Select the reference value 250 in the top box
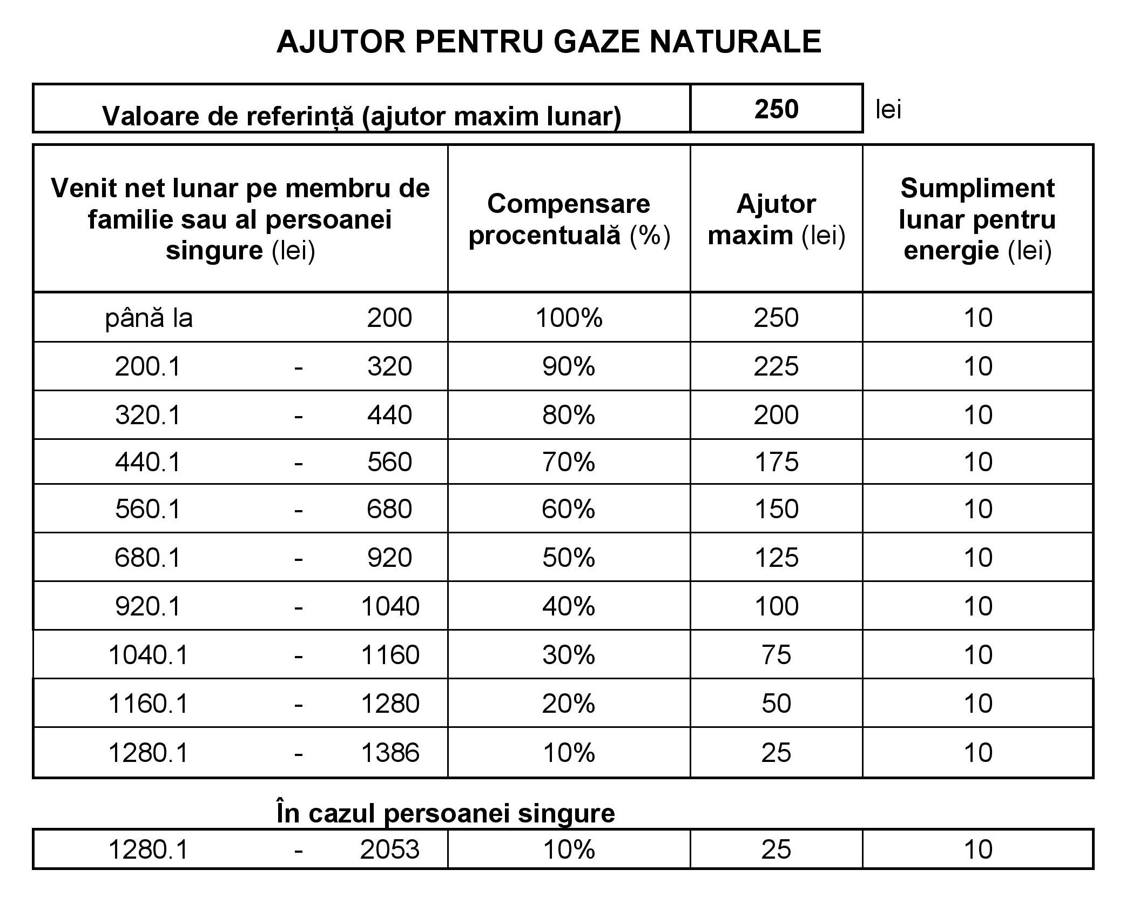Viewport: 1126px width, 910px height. [776, 109]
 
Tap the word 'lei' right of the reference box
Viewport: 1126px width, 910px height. [888, 110]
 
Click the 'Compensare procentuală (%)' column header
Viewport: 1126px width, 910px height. [569, 219]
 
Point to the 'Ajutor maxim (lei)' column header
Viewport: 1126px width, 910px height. [776, 219]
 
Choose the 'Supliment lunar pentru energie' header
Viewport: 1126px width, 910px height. [977, 219]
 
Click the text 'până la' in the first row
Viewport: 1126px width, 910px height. [149, 318]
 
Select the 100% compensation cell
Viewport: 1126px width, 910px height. [569, 318]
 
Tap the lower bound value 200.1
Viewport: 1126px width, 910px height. [147, 366]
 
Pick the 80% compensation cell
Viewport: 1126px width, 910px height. [569, 415]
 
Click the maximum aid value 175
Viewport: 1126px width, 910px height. [776, 462]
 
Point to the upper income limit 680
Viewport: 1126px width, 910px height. [389, 509]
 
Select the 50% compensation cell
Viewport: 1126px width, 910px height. [569, 558]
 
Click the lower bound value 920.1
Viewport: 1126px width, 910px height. [147, 606]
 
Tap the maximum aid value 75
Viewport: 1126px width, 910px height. [776, 655]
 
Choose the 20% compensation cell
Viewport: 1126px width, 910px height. [569, 704]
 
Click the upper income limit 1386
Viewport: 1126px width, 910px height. [390, 753]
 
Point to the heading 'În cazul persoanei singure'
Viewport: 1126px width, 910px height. [446, 813]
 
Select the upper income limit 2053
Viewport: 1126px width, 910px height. [390, 849]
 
